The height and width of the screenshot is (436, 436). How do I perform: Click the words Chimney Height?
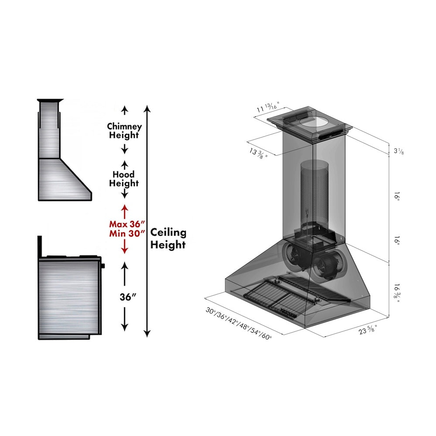124,131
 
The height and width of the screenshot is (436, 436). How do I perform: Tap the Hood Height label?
124,179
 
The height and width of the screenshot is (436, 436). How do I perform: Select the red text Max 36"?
126,224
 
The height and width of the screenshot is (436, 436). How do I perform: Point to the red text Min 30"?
126,233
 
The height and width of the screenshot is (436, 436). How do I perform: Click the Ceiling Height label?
168,239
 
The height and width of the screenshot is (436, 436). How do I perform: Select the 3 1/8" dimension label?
399,151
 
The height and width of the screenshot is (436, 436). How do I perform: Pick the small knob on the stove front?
103,266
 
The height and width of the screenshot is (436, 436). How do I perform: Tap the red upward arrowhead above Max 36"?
125,208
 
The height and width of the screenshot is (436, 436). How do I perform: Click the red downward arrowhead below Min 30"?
125,250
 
